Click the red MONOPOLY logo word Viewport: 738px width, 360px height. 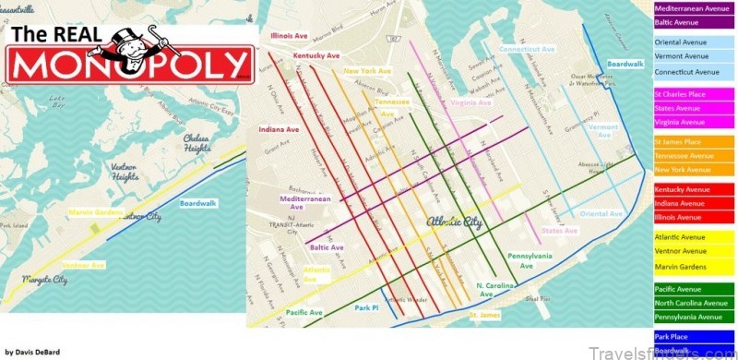pos(129,66)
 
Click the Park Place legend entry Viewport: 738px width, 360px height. pos(672,338)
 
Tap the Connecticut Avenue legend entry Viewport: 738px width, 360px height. pos(687,71)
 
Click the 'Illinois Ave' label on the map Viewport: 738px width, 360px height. pos(289,36)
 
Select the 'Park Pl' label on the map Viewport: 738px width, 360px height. pos(366,307)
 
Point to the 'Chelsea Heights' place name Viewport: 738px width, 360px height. pos(196,143)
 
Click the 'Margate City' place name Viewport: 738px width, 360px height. pos(45,279)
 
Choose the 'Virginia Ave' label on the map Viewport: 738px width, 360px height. pos(470,102)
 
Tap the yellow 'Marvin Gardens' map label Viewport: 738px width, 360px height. pos(96,212)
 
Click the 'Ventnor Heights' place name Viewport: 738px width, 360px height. pos(125,172)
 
